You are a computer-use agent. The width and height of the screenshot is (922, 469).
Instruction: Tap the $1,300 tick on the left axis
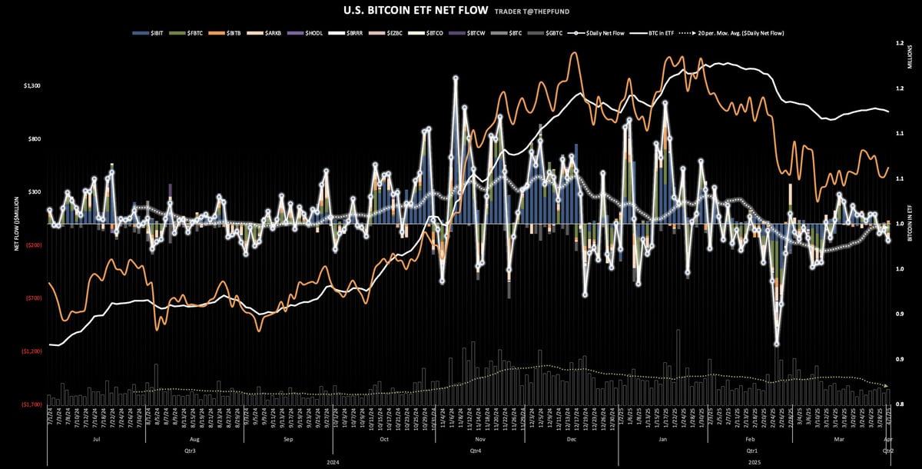tap(32, 86)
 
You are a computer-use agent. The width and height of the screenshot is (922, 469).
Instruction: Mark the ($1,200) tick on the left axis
tap(32, 351)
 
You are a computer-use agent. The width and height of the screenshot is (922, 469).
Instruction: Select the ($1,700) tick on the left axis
tap(32, 404)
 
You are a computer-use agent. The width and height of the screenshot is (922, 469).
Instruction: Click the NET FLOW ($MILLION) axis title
tap(16, 224)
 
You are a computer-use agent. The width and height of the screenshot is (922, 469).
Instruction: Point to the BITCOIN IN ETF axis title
tap(910, 224)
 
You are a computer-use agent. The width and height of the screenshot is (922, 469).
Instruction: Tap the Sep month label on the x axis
tap(288, 440)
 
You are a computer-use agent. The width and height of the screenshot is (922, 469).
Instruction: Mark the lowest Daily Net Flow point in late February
tap(777, 344)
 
